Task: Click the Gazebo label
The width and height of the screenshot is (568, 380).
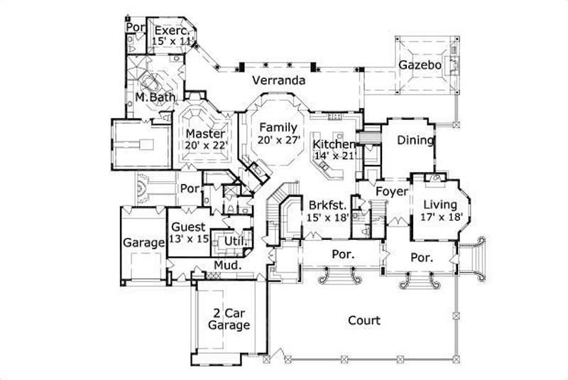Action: tap(420, 65)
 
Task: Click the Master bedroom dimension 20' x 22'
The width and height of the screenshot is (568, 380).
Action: tap(205, 145)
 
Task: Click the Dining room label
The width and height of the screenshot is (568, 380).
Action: tap(415, 140)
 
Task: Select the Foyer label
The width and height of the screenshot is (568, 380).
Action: tap(391, 192)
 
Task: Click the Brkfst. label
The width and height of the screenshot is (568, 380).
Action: tap(327, 205)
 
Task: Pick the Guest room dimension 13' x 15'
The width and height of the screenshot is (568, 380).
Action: tap(188, 239)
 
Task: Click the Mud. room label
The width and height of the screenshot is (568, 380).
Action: tap(228, 266)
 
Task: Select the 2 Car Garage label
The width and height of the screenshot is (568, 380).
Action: tap(229, 319)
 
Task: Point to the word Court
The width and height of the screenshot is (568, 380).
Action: tap(364, 320)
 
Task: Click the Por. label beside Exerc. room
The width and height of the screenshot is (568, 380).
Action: tap(135, 27)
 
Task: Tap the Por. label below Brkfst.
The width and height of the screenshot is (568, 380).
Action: tap(344, 254)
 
